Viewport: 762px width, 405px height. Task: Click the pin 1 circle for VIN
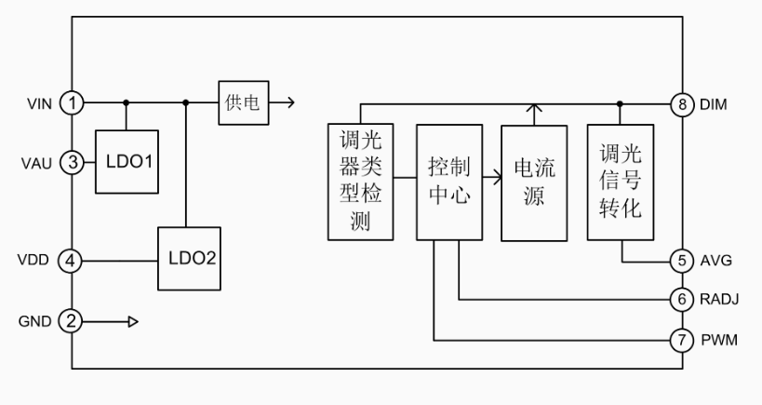click(73, 102)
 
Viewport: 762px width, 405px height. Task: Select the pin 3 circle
click(73, 163)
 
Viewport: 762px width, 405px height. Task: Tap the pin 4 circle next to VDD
click(73, 261)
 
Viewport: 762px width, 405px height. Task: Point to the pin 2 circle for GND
click(73, 321)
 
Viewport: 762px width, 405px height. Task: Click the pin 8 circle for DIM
click(685, 104)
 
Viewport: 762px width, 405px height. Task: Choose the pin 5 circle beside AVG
click(685, 262)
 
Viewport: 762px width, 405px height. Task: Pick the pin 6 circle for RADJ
click(685, 300)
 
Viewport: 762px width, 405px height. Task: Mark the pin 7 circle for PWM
click(685, 340)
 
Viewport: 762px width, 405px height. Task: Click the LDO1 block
click(125, 163)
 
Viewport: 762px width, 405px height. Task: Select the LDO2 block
click(190, 257)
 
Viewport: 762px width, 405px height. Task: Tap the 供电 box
click(244, 102)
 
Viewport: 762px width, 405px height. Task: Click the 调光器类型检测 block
click(363, 180)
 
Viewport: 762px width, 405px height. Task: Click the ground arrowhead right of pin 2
click(133, 321)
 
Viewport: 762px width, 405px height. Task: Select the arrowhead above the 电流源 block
click(534, 111)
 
